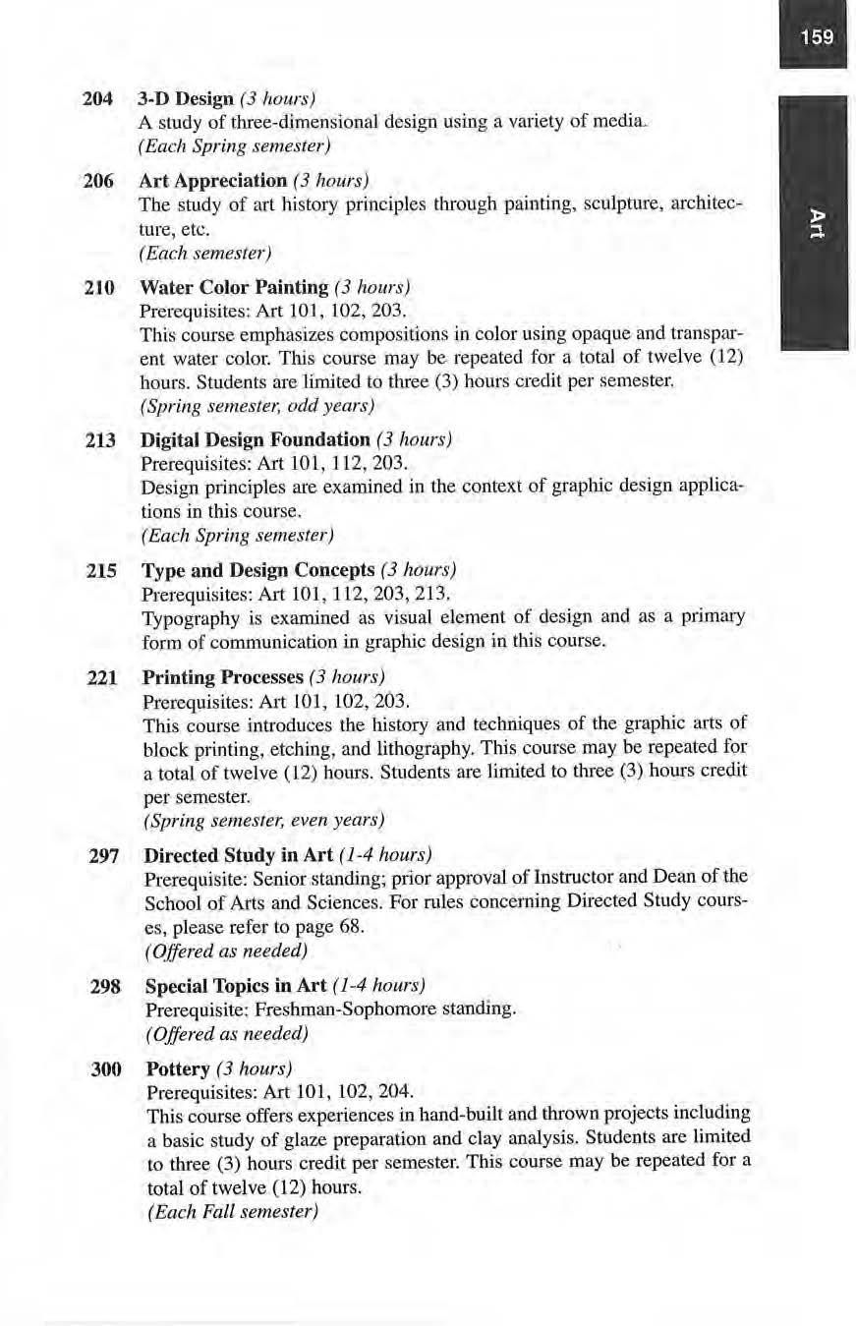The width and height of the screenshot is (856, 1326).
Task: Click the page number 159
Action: click(817, 37)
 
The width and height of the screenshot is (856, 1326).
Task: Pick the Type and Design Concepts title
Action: click(258, 570)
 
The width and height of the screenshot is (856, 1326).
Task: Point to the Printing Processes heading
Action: click(223, 677)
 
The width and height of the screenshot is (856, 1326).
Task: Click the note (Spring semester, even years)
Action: click(263, 819)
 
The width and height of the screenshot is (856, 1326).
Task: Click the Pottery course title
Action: click(178, 1068)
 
